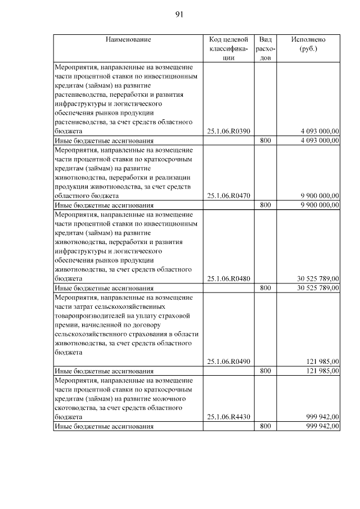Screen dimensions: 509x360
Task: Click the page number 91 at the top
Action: click(x=179, y=15)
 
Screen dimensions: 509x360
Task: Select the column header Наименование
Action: click(x=128, y=39)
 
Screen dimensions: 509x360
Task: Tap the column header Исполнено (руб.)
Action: click(x=308, y=44)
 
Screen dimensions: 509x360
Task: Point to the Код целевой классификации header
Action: click(x=228, y=48)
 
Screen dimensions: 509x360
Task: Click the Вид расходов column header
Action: click(x=265, y=48)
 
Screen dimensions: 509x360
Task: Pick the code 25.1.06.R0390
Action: click(x=228, y=131)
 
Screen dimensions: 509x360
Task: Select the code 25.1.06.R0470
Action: click(x=228, y=196)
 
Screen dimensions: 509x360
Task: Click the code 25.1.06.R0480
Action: click(x=228, y=278)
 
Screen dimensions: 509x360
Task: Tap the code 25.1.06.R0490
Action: click(x=228, y=362)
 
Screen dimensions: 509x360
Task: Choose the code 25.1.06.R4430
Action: click(x=228, y=417)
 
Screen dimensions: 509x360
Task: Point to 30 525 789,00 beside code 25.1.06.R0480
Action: click(x=318, y=278)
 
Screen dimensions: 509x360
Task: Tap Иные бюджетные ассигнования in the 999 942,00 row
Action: click(x=104, y=427)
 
